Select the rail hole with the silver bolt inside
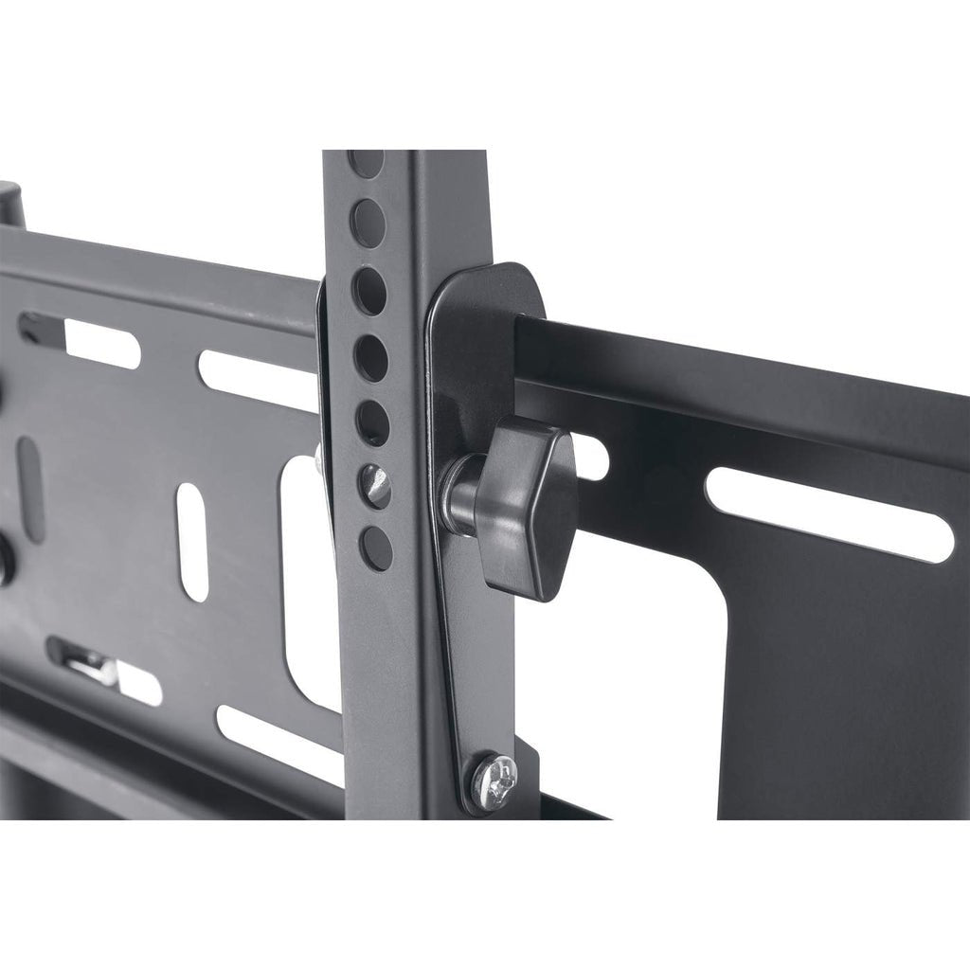point(375,485)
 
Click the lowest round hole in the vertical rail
point(376,548)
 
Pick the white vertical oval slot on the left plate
point(192,542)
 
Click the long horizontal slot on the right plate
point(829,512)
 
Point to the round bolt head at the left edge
point(6,559)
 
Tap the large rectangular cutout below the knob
point(625,682)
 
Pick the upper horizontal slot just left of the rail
point(256,380)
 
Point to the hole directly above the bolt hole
point(372,422)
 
